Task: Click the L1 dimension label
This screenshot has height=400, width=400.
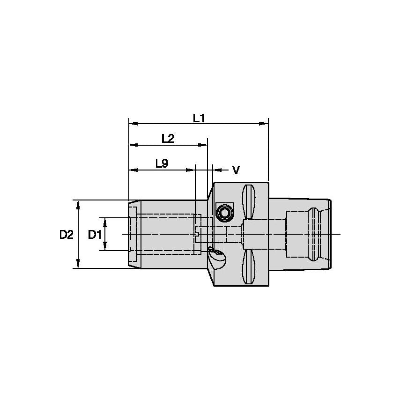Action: [199, 118]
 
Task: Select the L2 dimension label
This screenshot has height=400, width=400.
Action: [168, 139]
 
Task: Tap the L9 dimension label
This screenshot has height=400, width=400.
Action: [162, 163]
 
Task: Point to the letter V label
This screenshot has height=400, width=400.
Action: [236, 170]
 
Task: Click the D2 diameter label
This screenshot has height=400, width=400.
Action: [67, 235]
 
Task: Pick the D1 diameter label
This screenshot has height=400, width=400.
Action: [95, 235]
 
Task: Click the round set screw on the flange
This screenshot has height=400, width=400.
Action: [224, 213]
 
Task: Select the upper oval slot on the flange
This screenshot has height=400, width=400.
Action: [248, 202]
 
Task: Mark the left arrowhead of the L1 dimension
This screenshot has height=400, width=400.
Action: [133, 124]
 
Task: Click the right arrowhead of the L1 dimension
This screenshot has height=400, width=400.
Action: [265, 124]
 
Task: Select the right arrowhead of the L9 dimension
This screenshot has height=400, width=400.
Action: [191, 170]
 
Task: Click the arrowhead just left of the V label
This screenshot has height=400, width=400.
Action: [217, 170]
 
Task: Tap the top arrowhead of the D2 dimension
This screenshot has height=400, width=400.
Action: [78, 203]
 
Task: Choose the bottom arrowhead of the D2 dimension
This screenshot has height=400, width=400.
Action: [78, 265]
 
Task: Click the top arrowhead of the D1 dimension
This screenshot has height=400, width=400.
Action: [105, 221]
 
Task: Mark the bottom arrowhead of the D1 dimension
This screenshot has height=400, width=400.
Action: [105, 247]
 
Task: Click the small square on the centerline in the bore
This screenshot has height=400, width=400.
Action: [198, 234]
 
